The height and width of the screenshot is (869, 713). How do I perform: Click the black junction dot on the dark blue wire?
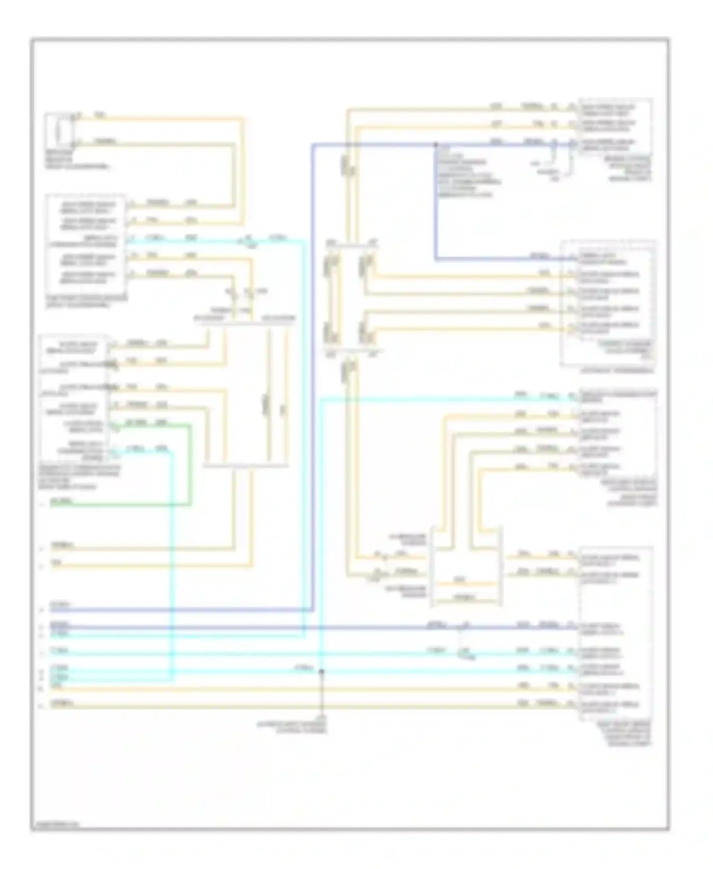[x=436, y=144]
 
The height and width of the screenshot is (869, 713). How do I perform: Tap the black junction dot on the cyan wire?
[x=321, y=671]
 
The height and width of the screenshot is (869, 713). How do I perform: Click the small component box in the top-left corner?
[x=59, y=130]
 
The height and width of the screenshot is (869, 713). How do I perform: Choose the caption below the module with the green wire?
[x=81, y=477]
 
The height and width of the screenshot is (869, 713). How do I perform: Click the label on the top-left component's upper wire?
[x=99, y=116]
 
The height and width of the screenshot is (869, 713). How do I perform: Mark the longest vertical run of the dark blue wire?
[x=312, y=376]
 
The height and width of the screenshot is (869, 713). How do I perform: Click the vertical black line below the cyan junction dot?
[x=322, y=694]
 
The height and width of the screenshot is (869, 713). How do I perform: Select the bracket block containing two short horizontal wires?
[x=466, y=566]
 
